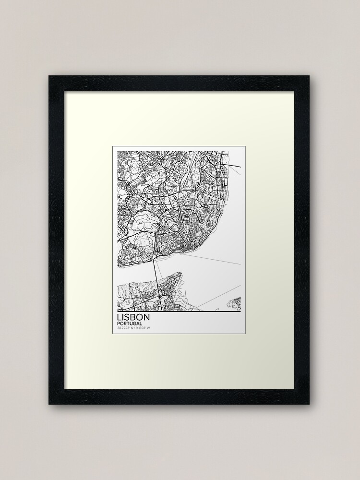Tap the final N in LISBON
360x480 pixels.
(x=148, y=318)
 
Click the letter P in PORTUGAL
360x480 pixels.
(x=118, y=324)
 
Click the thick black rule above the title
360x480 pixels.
(x=179, y=312)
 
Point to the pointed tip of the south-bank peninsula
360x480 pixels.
(x=181, y=274)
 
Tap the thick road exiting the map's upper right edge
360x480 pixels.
(x=235, y=166)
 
